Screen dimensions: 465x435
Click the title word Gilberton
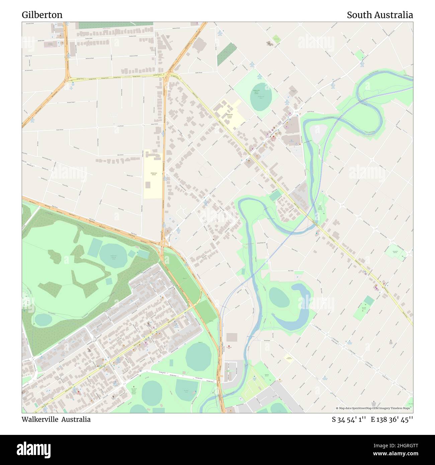coord(42,15)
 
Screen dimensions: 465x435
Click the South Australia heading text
coord(379,15)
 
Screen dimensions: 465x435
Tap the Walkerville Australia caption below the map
coord(56,420)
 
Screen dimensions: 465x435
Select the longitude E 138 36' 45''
coord(392,420)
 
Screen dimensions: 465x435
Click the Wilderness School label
coord(154,174)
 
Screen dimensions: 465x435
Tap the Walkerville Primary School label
coord(229,116)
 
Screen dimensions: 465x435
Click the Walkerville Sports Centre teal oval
coord(261,97)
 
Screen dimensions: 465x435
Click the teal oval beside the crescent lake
coord(279,297)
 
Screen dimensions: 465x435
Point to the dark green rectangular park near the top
coord(226,54)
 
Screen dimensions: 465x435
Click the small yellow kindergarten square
coord(288,358)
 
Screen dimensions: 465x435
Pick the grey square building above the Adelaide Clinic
coord(232,337)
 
